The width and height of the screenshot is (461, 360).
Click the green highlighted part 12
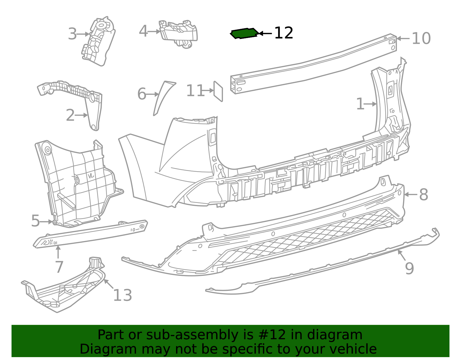[244, 33]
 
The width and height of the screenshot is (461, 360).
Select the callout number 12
[284, 33]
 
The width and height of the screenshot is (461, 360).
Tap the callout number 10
[421, 38]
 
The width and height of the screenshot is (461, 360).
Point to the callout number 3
[72, 34]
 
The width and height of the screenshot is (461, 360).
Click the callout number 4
[143, 31]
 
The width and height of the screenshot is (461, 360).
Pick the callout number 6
[142, 94]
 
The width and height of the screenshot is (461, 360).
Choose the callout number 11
[195, 91]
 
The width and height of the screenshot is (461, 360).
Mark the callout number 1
[360, 104]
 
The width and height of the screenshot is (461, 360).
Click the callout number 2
[70, 115]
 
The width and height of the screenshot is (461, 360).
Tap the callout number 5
[35, 221]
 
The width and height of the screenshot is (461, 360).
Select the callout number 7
[59, 267]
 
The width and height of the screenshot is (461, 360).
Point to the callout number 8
[424, 195]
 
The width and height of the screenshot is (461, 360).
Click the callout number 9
[409, 268]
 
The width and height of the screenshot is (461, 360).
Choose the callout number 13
[123, 295]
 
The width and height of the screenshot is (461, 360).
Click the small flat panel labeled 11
[218, 91]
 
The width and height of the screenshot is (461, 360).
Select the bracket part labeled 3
[98, 42]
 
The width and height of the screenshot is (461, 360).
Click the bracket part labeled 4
[178, 33]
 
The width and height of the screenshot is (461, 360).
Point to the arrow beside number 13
[109, 284]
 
